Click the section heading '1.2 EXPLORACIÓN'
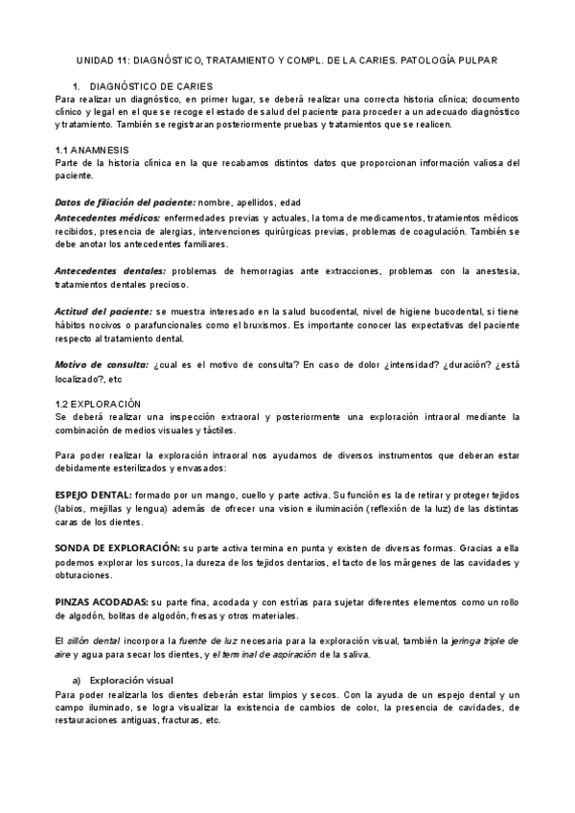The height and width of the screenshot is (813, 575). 99,404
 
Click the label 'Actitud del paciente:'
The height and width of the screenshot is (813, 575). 103,313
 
